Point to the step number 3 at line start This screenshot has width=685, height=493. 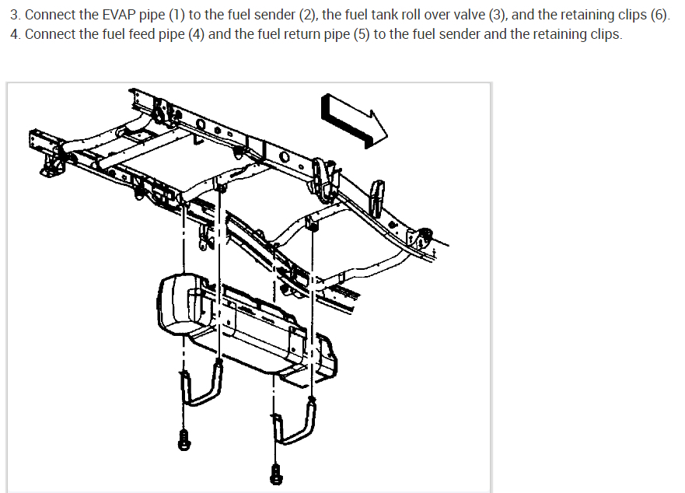[x=14, y=16]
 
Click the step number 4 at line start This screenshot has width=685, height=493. [x=14, y=36]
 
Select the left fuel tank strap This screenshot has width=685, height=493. [x=201, y=385]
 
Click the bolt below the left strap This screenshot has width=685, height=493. [x=184, y=439]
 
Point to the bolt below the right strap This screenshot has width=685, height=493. [x=276, y=473]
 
